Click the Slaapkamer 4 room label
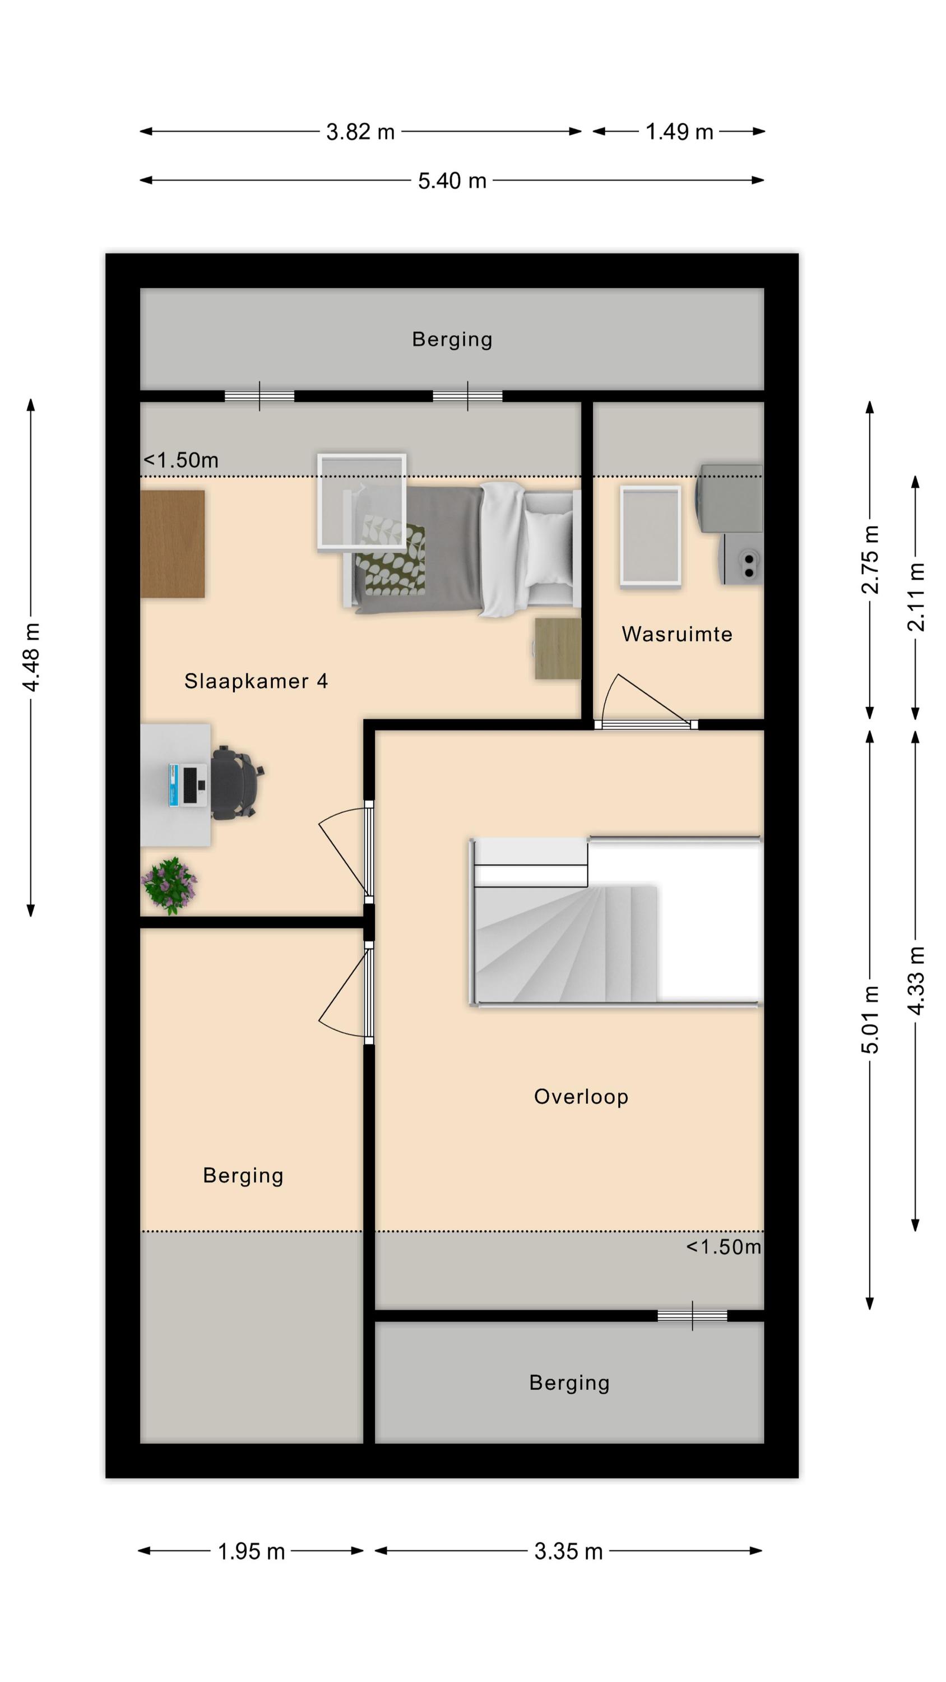coord(256,681)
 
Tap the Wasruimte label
coord(677,634)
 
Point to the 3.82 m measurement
coord(360,132)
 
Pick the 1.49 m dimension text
coord(679,132)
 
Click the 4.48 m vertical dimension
coord(31,657)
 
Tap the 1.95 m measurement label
coord(252,1551)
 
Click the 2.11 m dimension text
coord(916,597)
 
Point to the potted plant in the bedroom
coord(169,885)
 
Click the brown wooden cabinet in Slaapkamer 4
coord(173,544)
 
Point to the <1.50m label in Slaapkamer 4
coord(181,460)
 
